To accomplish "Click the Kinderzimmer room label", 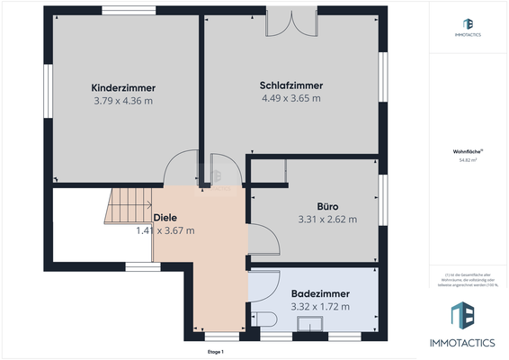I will pyautogui.click(x=123, y=88).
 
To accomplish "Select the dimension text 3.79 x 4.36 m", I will pyautogui.click(x=123, y=101).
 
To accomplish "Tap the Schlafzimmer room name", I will pyautogui.click(x=291, y=85).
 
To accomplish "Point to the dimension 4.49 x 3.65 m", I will pyautogui.click(x=291, y=98).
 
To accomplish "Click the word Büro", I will pyautogui.click(x=327, y=206).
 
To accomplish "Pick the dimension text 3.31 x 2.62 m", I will pyautogui.click(x=327, y=219).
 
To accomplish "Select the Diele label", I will pyautogui.click(x=165, y=218).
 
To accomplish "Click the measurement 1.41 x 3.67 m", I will pyautogui.click(x=165, y=230).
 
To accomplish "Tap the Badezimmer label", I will pyautogui.click(x=320, y=294).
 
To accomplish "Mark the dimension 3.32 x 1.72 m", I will pyautogui.click(x=320, y=307).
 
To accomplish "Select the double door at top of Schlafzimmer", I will pyautogui.click(x=290, y=24).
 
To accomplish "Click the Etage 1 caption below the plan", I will pyautogui.click(x=215, y=352).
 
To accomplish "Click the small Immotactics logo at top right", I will pyautogui.click(x=468, y=27).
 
